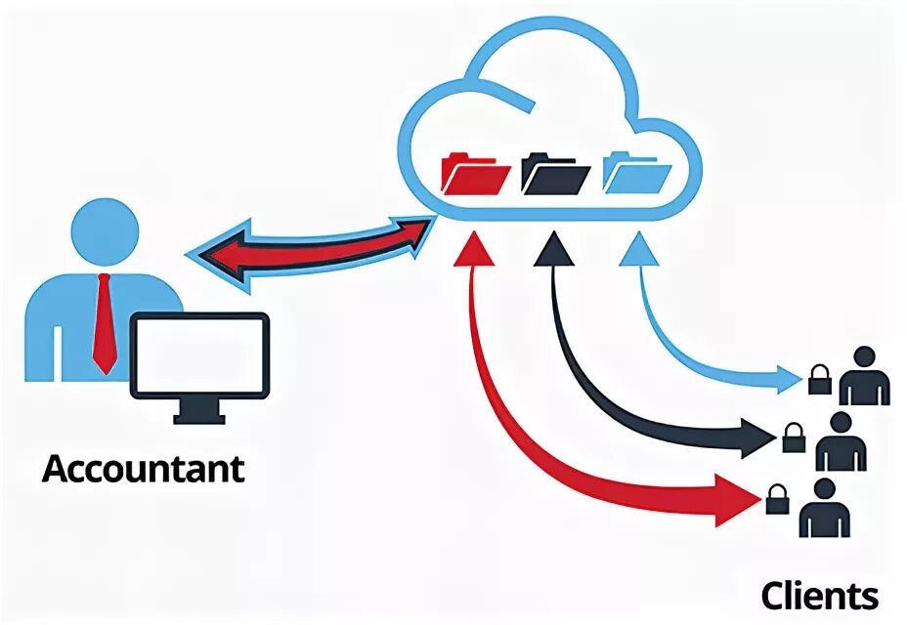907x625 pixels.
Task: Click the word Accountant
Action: click(x=143, y=469)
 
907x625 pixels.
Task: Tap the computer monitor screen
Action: click(x=199, y=354)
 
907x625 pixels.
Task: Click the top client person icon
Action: click(x=864, y=375)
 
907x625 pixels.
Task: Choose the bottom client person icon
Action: click(x=823, y=508)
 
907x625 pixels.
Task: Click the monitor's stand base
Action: click(x=199, y=417)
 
